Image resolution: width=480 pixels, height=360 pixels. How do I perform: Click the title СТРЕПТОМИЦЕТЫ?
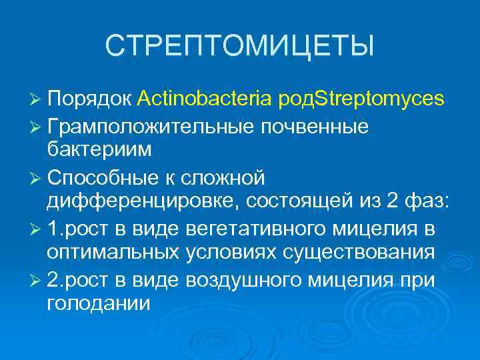[x=240, y=46]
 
